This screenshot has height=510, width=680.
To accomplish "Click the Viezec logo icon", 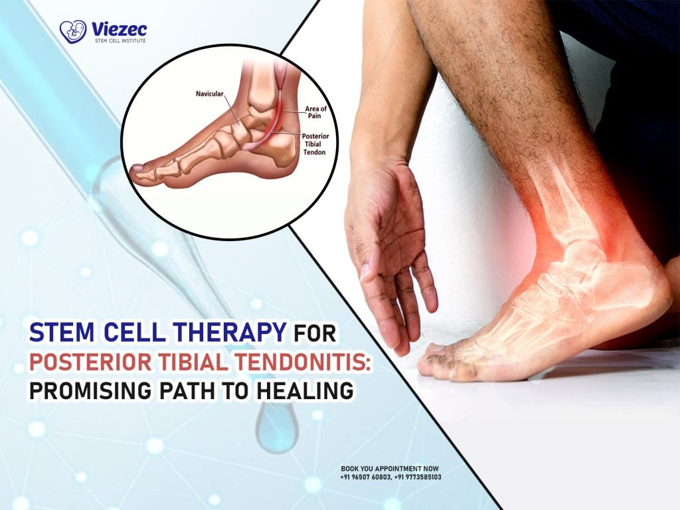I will [x=72, y=31].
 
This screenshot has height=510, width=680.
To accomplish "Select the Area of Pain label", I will [x=315, y=112].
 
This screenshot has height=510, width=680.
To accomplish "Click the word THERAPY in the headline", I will [x=222, y=331].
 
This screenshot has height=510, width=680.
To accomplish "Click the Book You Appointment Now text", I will [x=390, y=469].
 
